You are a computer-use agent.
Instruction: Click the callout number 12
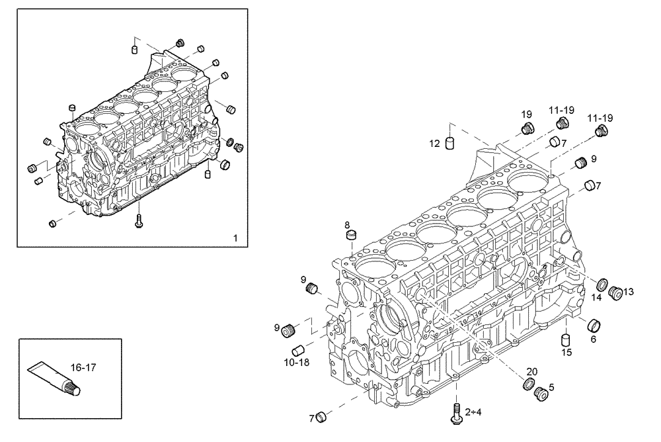[x=434, y=143]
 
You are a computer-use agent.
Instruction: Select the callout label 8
[x=347, y=224]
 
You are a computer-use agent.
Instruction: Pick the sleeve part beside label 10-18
[x=298, y=350]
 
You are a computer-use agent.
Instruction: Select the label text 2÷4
[x=473, y=412]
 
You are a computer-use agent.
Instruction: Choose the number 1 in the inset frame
[x=235, y=237]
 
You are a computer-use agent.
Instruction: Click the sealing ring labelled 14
[x=603, y=285]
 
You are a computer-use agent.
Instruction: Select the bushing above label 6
[x=594, y=325]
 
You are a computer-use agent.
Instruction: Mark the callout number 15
[x=566, y=353]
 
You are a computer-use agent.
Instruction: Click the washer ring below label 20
[x=529, y=384]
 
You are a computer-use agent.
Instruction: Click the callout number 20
[x=532, y=372]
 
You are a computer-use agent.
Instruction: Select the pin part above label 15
[x=566, y=339]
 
